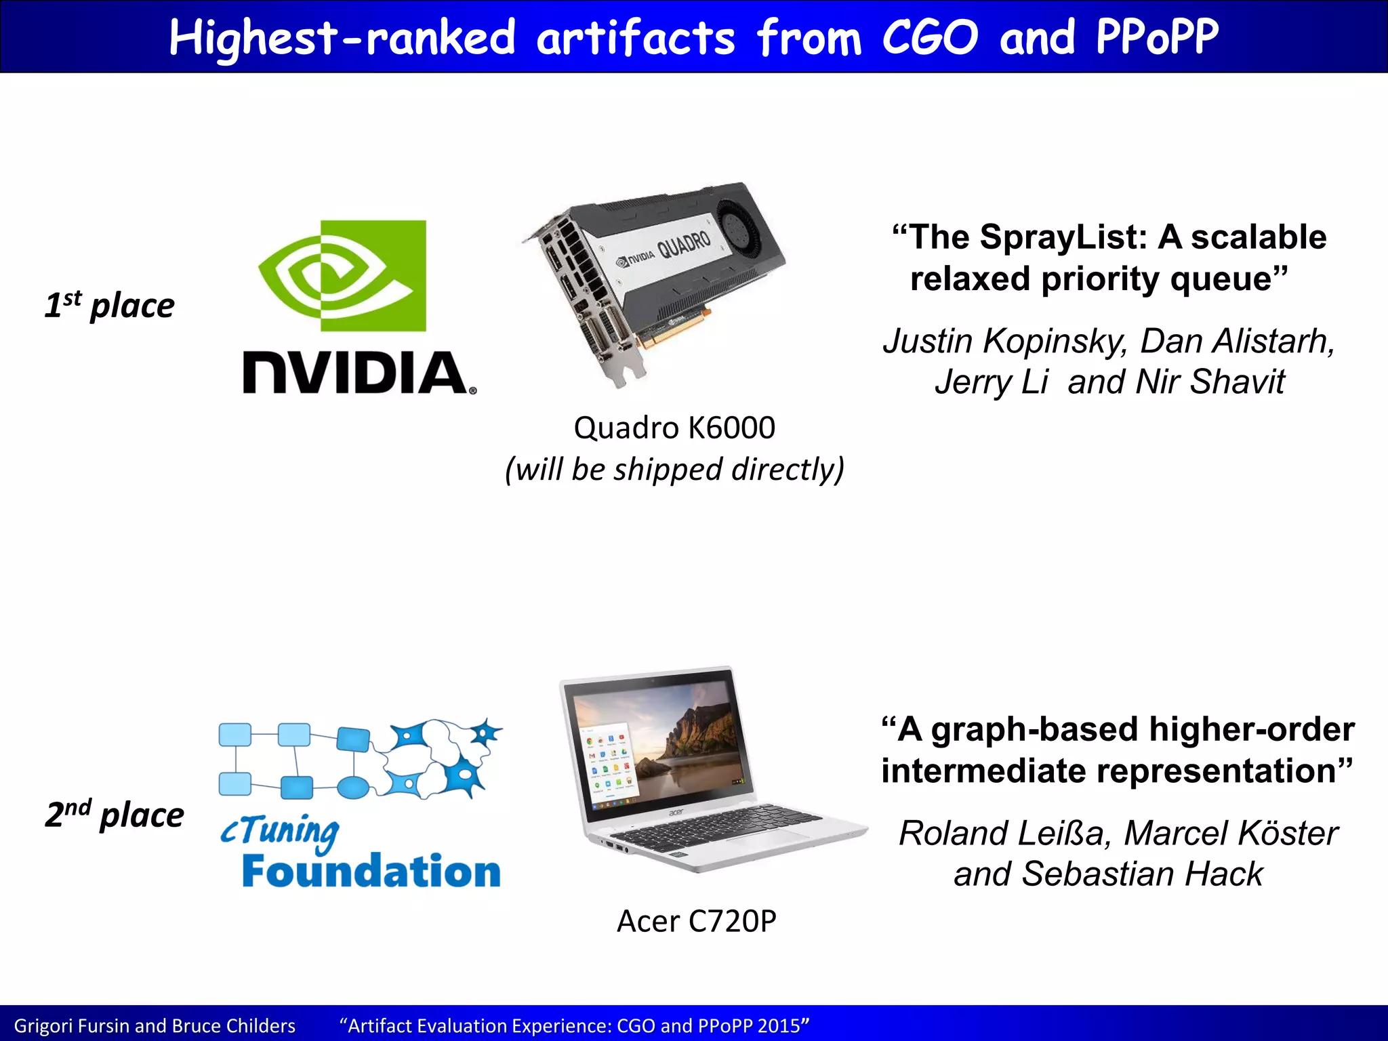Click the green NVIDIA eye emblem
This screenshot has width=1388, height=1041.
point(342,275)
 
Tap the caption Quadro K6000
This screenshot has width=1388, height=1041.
point(674,428)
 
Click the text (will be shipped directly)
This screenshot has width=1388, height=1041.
point(674,469)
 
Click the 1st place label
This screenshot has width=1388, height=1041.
point(110,305)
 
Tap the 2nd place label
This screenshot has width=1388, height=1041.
point(115,814)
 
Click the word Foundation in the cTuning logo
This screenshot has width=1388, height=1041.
point(371,872)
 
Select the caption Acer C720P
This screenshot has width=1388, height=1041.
point(696,921)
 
